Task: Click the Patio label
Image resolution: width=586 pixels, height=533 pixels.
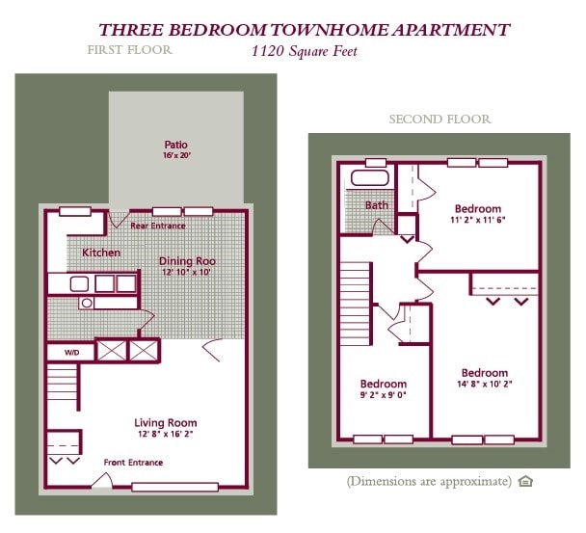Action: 175,144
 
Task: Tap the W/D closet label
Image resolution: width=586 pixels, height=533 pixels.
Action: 72,352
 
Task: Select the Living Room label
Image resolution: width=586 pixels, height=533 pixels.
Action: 165,422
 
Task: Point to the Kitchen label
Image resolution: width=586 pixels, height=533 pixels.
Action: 101,253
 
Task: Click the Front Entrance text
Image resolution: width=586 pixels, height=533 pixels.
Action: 133,463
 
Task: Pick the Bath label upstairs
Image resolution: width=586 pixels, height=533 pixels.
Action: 376,205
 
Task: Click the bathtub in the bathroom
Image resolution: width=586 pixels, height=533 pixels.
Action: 368,178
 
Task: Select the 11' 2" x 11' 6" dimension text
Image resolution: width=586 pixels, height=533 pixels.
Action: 478,220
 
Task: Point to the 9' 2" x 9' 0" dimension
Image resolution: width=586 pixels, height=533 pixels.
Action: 383,394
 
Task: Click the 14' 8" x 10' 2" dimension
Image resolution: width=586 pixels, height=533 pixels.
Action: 484,384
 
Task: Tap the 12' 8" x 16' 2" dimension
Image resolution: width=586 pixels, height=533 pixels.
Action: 165,434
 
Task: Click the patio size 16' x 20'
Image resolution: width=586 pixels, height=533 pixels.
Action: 175,154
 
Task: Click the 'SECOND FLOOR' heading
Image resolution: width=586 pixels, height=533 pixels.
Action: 439,120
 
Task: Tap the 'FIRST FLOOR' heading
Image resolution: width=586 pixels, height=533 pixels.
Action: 129,49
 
